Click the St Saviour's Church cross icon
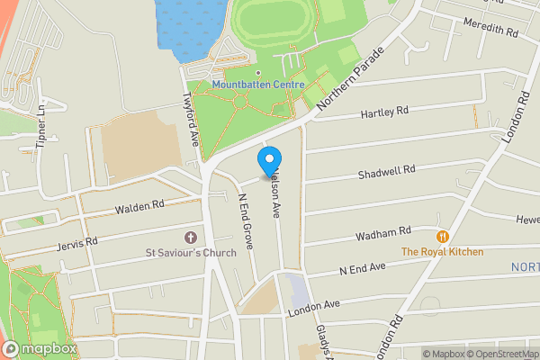190,238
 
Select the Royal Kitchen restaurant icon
442,237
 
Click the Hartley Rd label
384,112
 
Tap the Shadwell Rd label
385,171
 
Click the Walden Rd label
139,207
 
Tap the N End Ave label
362,269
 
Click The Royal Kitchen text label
442,252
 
